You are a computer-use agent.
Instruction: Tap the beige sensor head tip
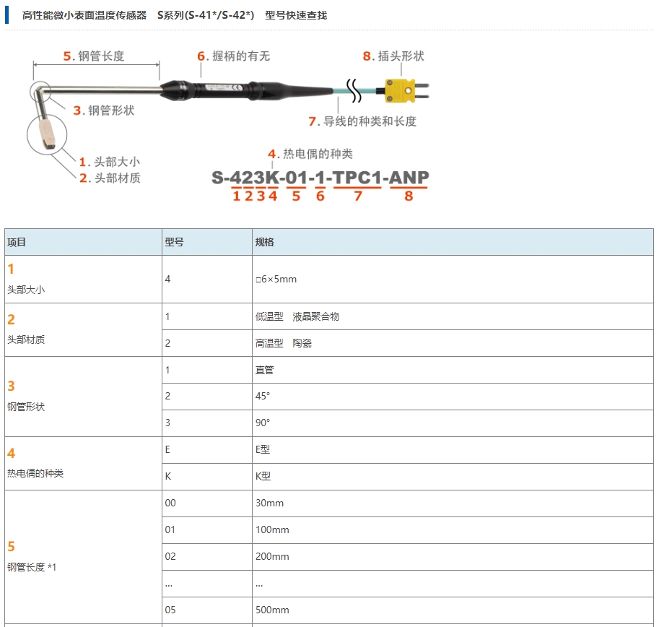point(47,134)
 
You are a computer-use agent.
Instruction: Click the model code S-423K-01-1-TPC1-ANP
point(320,178)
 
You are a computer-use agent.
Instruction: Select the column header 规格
point(265,242)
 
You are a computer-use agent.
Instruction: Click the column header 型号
point(175,242)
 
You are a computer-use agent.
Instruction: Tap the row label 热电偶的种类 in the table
point(35,473)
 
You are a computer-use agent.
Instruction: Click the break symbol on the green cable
point(354,90)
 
